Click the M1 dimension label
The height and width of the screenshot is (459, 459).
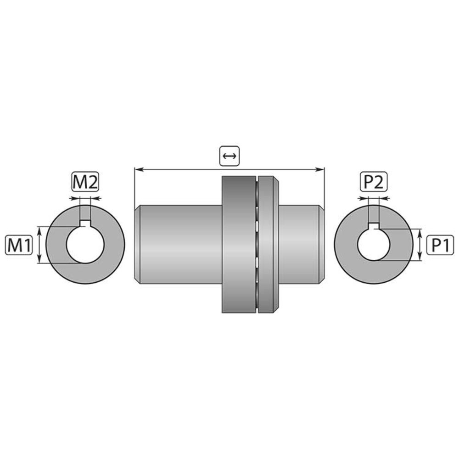(x=19, y=245)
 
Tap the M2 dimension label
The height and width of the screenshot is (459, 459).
(x=85, y=182)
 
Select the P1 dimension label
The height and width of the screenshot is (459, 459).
(x=440, y=245)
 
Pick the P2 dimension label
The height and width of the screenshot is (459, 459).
(x=373, y=182)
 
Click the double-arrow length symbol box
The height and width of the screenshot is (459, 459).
(x=229, y=156)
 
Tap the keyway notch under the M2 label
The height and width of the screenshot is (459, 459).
(x=85, y=224)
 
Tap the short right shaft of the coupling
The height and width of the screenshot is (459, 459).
(x=298, y=244)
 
